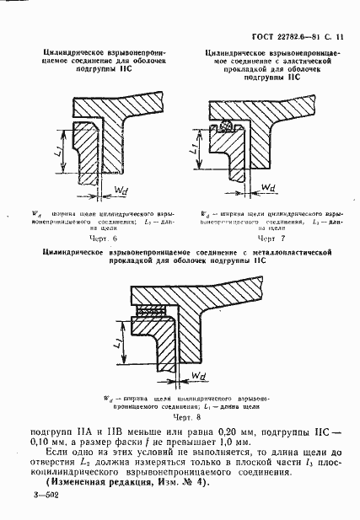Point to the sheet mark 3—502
(43, 510)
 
